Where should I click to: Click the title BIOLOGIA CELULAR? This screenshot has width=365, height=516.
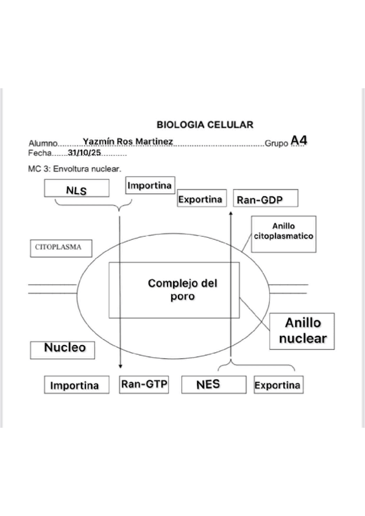(205, 125)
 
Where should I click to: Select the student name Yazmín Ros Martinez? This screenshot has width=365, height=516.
(128, 142)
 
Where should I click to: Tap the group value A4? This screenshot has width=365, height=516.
(299, 141)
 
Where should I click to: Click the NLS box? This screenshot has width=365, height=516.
(77, 189)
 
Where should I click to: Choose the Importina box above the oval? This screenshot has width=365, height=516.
(149, 185)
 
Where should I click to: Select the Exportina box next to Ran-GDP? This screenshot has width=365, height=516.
(200, 199)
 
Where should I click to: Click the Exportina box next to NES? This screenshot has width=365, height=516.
(277, 385)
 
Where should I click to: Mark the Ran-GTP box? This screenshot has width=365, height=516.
(144, 385)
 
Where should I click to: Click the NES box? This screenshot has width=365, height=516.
(208, 385)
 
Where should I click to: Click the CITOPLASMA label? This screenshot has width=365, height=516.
(60, 248)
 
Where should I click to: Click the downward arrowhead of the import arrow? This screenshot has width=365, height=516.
(120, 366)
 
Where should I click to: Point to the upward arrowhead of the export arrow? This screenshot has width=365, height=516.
(232, 214)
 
